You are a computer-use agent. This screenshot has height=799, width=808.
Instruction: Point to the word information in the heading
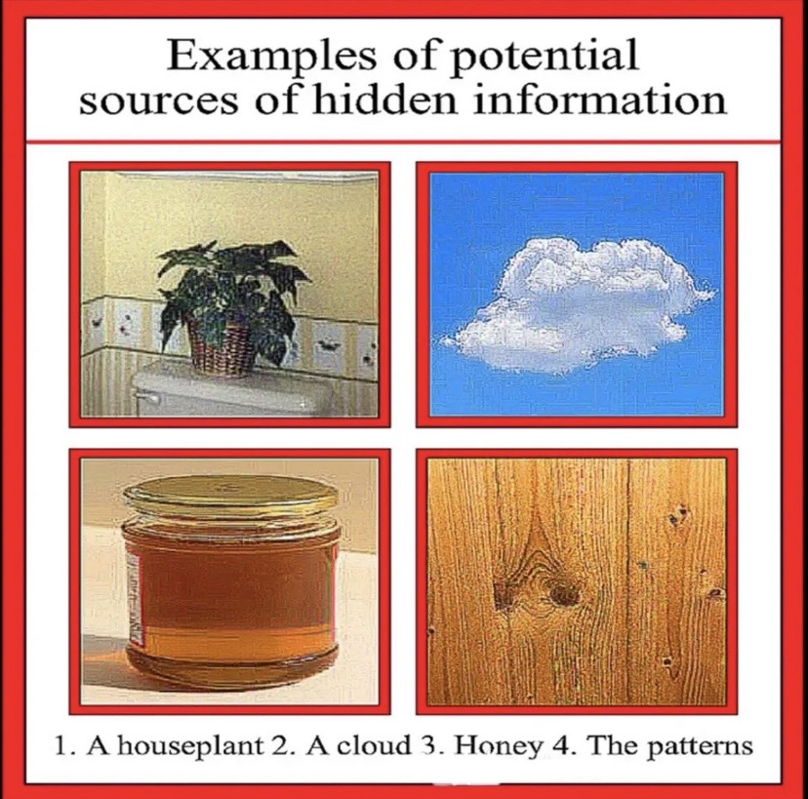(599, 100)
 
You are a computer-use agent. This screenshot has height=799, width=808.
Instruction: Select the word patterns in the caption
(700, 747)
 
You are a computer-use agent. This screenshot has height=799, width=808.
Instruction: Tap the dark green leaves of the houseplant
(233, 292)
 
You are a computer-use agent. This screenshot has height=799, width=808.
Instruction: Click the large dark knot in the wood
(565, 596)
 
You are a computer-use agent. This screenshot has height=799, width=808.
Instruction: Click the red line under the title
(404, 141)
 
